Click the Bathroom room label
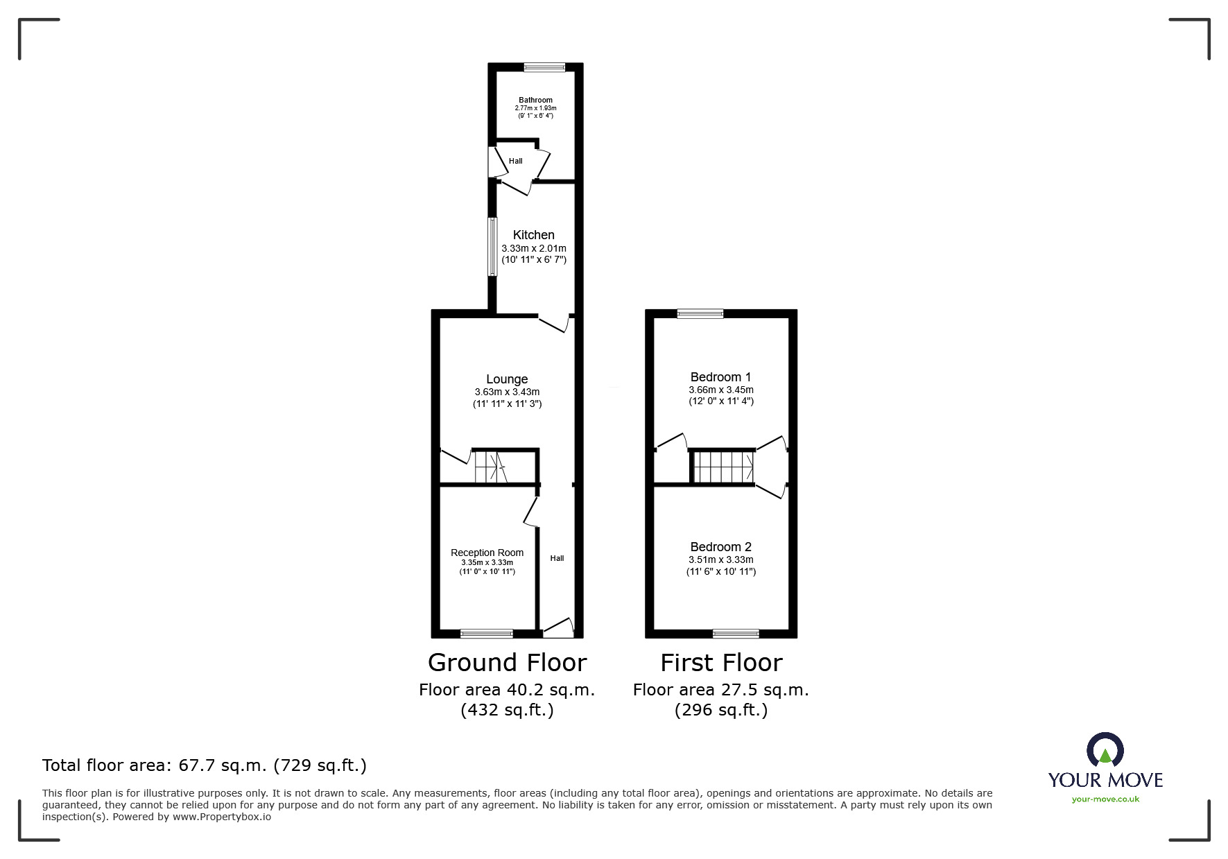[x=535, y=100]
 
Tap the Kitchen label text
[x=533, y=235]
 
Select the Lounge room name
[x=507, y=379]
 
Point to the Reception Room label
[x=487, y=553]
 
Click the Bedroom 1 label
[x=720, y=377]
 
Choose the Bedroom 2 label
[x=720, y=547]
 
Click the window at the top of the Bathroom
[x=544, y=67]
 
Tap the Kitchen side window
[x=492, y=247]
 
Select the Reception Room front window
[x=487, y=633]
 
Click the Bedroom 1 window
[x=700, y=313]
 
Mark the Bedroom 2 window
[x=736, y=633]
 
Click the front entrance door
[x=559, y=628]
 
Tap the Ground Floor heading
[x=507, y=663]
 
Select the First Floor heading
[x=720, y=663]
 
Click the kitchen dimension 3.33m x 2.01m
[x=533, y=248]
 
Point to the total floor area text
[x=205, y=765]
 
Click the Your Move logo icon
[x=1105, y=751]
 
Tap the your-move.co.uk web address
[x=1105, y=799]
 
